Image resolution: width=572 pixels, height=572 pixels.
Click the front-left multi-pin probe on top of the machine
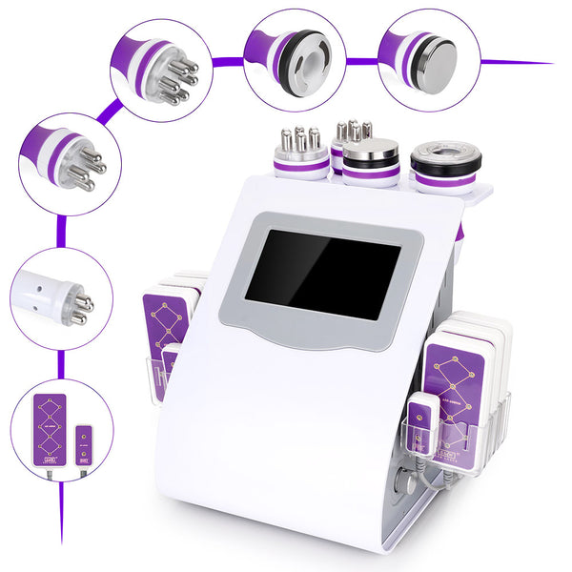[x=300, y=153]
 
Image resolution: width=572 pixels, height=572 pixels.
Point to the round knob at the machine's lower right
[x=408, y=484]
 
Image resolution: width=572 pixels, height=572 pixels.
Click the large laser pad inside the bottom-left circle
[x=49, y=428]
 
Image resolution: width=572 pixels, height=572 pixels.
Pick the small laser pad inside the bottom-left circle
[x=83, y=447]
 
